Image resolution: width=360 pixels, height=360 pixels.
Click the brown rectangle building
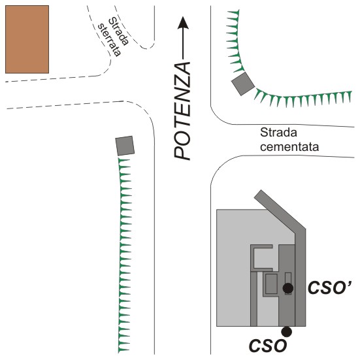click(27, 39)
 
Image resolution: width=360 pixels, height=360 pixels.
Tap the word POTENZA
click(182, 111)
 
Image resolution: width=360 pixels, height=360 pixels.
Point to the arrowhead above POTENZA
click(183, 23)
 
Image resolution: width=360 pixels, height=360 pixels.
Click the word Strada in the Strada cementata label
click(278, 133)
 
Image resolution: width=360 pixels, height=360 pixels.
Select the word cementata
click(289, 147)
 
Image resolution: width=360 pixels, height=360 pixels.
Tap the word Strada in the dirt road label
click(118, 31)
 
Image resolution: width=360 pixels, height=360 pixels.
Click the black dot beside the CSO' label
click(288, 288)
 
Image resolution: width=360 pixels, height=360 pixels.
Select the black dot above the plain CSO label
click(287, 331)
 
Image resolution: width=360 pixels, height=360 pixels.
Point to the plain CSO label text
click(268, 346)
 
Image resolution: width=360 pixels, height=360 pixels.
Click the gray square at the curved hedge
click(243, 84)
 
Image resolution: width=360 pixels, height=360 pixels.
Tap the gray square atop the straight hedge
click(125, 146)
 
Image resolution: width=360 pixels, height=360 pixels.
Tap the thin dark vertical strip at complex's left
click(254, 299)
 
